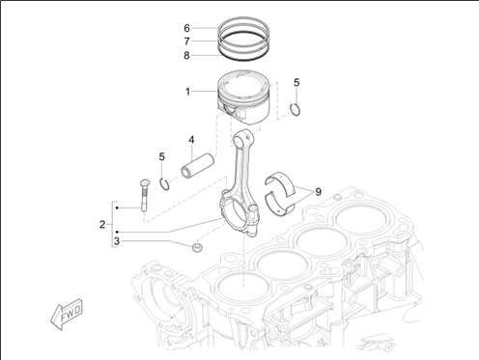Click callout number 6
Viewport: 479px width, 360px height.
(x=187, y=28)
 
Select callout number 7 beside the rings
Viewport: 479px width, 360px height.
(x=187, y=42)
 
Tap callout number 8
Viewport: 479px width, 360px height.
(x=187, y=55)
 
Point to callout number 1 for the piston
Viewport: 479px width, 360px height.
(x=187, y=93)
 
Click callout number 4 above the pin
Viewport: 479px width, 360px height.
(x=192, y=139)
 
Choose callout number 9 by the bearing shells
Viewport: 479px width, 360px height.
(x=318, y=192)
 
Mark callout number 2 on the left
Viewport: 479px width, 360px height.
(x=100, y=225)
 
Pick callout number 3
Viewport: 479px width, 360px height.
(x=116, y=240)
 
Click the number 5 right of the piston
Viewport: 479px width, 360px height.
(x=296, y=83)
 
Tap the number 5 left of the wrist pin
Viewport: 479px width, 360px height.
(x=162, y=156)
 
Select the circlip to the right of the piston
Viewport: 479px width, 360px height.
(x=296, y=109)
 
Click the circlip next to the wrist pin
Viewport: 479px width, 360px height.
(x=166, y=181)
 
